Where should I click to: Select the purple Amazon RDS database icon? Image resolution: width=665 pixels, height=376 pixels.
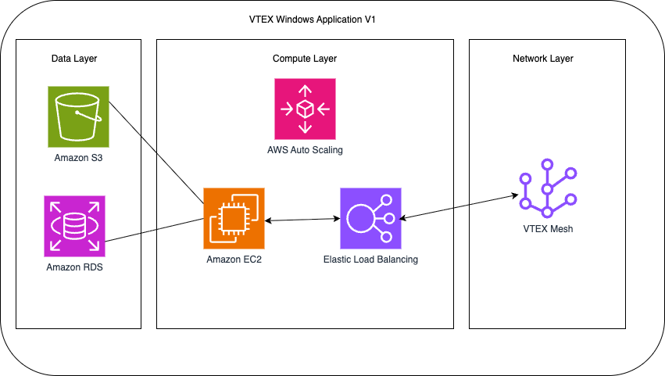pyautogui.click(x=75, y=226)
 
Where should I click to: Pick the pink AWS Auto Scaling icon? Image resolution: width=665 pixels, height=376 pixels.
pyautogui.click(x=305, y=109)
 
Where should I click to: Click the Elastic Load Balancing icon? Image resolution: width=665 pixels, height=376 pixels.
pyautogui.click(x=370, y=218)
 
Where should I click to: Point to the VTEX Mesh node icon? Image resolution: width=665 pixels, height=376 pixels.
pyautogui.click(x=547, y=188)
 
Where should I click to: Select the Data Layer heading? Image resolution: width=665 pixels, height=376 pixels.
pyautogui.click(x=74, y=59)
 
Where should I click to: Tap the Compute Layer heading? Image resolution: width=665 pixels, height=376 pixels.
pyautogui.click(x=305, y=59)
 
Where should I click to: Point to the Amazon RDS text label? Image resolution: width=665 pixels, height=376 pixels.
pyautogui.click(x=75, y=268)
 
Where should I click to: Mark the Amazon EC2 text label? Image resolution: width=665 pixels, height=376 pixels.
pyautogui.click(x=234, y=260)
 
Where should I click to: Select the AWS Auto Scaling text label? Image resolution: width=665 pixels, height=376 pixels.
pyautogui.click(x=305, y=149)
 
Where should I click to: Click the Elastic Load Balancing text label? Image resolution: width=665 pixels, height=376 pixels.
pyautogui.click(x=370, y=260)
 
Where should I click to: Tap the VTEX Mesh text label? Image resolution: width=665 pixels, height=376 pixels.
pyautogui.click(x=548, y=229)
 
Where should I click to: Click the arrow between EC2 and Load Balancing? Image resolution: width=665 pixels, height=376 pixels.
pyautogui.click(x=302, y=220)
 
